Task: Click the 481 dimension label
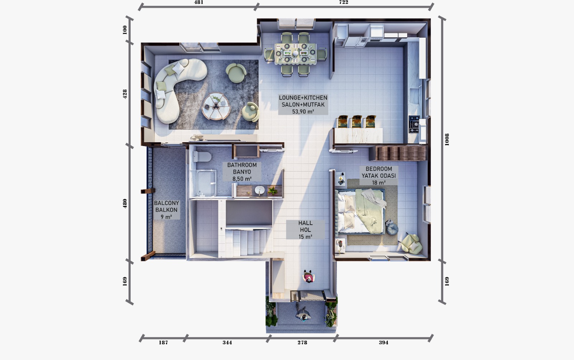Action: [199, 2]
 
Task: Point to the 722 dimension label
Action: [344, 2]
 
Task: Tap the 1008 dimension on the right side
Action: [447, 140]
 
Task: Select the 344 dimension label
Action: [227, 342]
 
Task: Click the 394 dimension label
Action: [384, 342]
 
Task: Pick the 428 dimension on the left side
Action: [125, 94]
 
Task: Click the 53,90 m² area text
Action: [303, 112]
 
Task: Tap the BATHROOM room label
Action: [242, 165]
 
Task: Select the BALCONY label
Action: [166, 203]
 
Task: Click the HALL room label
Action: [305, 223]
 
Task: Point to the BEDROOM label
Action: [379, 169]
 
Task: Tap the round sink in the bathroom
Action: [260, 191]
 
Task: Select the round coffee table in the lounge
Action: [216, 106]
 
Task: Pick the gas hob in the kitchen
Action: [414, 124]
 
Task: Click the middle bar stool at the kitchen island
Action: [357, 122]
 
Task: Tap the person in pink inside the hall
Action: [309, 276]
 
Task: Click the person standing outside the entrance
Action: [303, 313]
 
